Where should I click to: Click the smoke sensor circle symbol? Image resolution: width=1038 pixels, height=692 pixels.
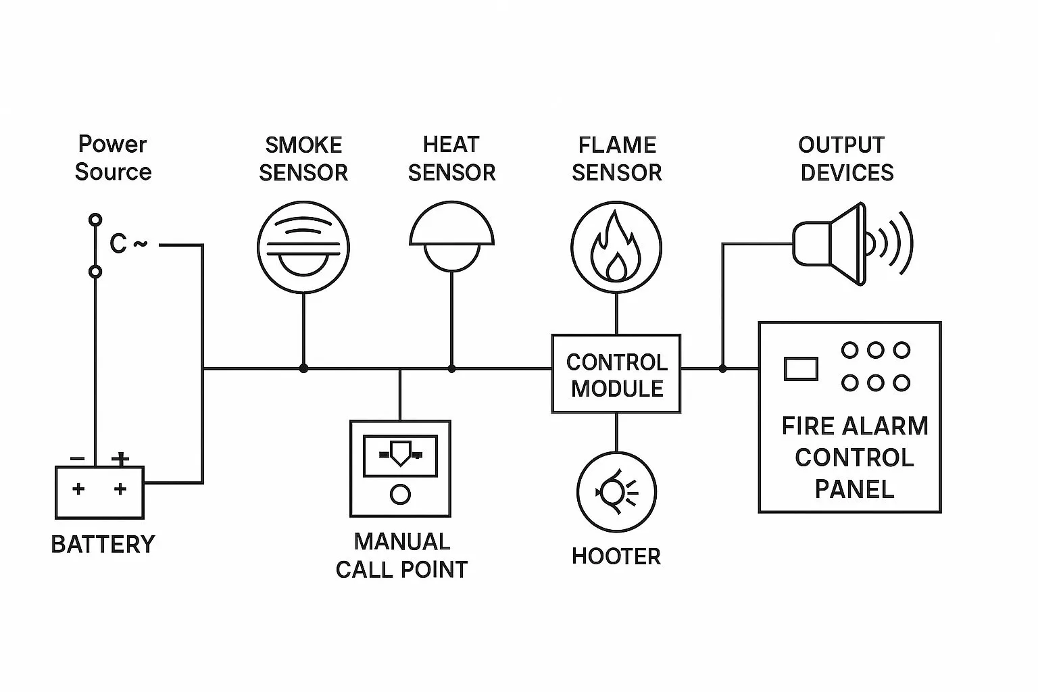pos(303,249)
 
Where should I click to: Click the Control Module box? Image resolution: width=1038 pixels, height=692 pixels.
pos(616,374)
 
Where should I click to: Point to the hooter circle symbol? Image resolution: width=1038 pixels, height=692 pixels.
pos(616,491)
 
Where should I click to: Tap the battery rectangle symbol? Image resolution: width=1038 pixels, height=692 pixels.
pos(99,492)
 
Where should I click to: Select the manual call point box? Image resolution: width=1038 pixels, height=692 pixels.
pos(400,468)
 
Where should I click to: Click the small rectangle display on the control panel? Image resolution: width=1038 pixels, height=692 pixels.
pos(801,369)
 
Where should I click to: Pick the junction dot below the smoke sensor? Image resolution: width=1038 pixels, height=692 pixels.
pos(303,368)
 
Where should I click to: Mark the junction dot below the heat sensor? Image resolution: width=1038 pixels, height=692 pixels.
pos(451,368)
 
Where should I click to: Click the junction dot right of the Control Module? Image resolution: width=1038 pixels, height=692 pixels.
pos(722,368)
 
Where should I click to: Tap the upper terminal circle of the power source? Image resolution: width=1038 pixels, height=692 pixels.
pos(96,220)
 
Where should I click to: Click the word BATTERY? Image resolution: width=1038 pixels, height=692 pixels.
pos(103,544)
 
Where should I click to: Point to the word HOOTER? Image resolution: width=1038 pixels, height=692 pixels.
pos(616,556)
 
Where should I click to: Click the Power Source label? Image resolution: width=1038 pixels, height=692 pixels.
pos(113,157)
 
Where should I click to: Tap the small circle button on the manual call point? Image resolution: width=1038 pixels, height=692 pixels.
pos(400,495)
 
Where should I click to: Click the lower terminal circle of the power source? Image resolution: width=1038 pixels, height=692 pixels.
pos(96,272)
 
